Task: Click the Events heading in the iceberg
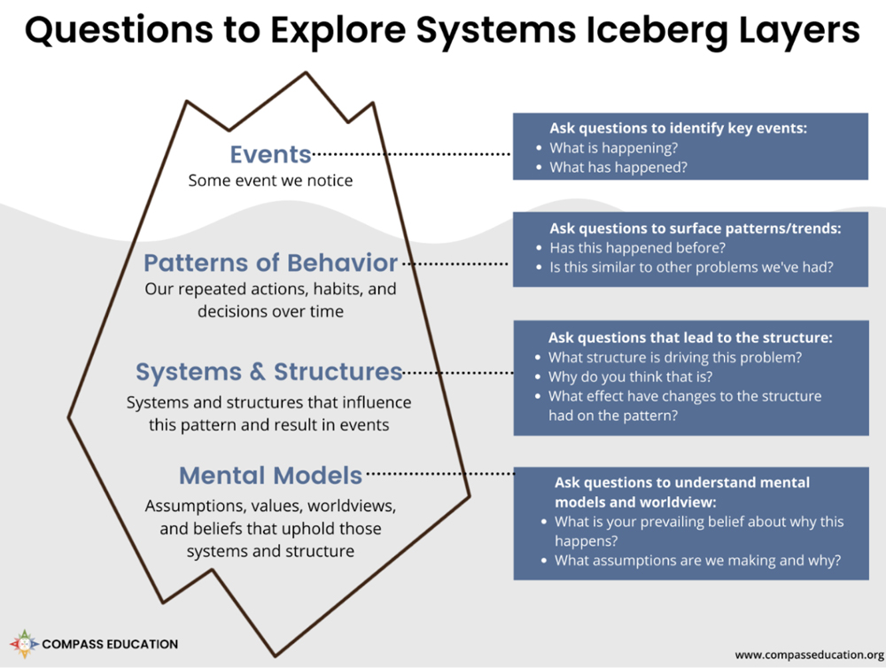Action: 270,154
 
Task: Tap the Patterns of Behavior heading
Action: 270,263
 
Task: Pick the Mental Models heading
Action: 270,475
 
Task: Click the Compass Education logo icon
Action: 24,644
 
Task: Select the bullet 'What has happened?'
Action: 606,167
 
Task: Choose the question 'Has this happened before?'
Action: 625,247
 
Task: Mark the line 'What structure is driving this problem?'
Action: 674,357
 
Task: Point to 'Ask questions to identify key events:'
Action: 678,128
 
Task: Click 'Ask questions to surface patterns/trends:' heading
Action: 695,228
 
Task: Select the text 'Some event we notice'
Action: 270,181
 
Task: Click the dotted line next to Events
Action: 412,154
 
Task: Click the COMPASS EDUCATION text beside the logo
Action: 110,644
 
